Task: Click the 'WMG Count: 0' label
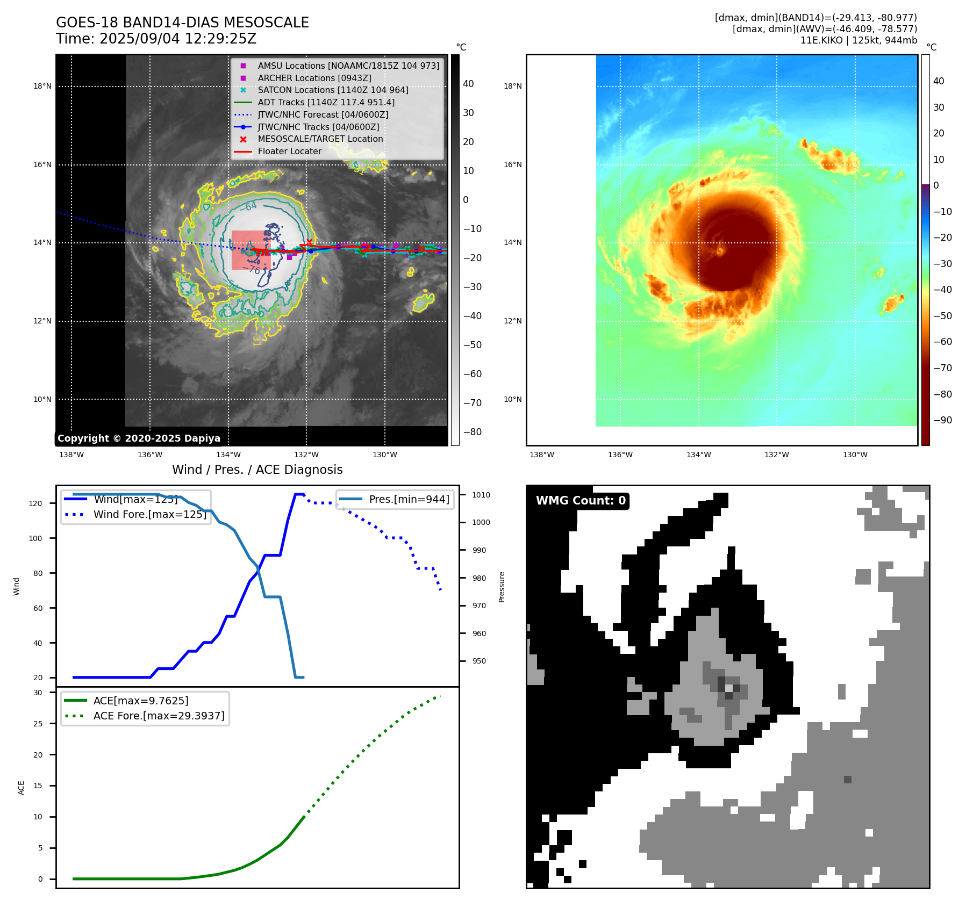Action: pyautogui.click(x=581, y=501)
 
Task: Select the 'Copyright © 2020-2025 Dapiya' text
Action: pyautogui.click(x=139, y=438)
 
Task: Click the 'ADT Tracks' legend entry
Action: pyautogui.click(x=326, y=102)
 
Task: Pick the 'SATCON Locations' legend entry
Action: pyautogui.click(x=333, y=90)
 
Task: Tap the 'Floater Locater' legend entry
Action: pyautogui.click(x=289, y=152)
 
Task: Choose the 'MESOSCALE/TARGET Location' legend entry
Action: pyautogui.click(x=320, y=139)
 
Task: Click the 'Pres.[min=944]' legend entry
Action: pyautogui.click(x=409, y=499)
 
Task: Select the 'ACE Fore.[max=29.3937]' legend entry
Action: pyautogui.click(x=159, y=716)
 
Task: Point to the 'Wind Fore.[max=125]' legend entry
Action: pyautogui.click(x=149, y=514)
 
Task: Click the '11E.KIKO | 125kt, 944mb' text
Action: pyautogui.click(x=858, y=40)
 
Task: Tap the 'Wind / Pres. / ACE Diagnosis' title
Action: pyautogui.click(x=257, y=470)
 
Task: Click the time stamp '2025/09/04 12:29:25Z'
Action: pyautogui.click(x=178, y=39)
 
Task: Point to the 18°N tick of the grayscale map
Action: pyautogui.click(x=42, y=86)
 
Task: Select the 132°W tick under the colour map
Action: pyautogui.click(x=777, y=455)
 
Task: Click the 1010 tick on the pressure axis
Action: pyautogui.click(x=481, y=495)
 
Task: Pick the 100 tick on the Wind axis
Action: pyautogui.click(x=35, y=538)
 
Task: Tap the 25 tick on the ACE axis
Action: pyautogui.click(x=38, y=724)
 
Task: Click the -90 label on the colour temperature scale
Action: pyautogui.click(x=942, y=420)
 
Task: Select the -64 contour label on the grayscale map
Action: pyautogui.click(x=251, y=206)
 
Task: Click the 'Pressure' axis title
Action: pyautogui.click(x=502, y=587)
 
